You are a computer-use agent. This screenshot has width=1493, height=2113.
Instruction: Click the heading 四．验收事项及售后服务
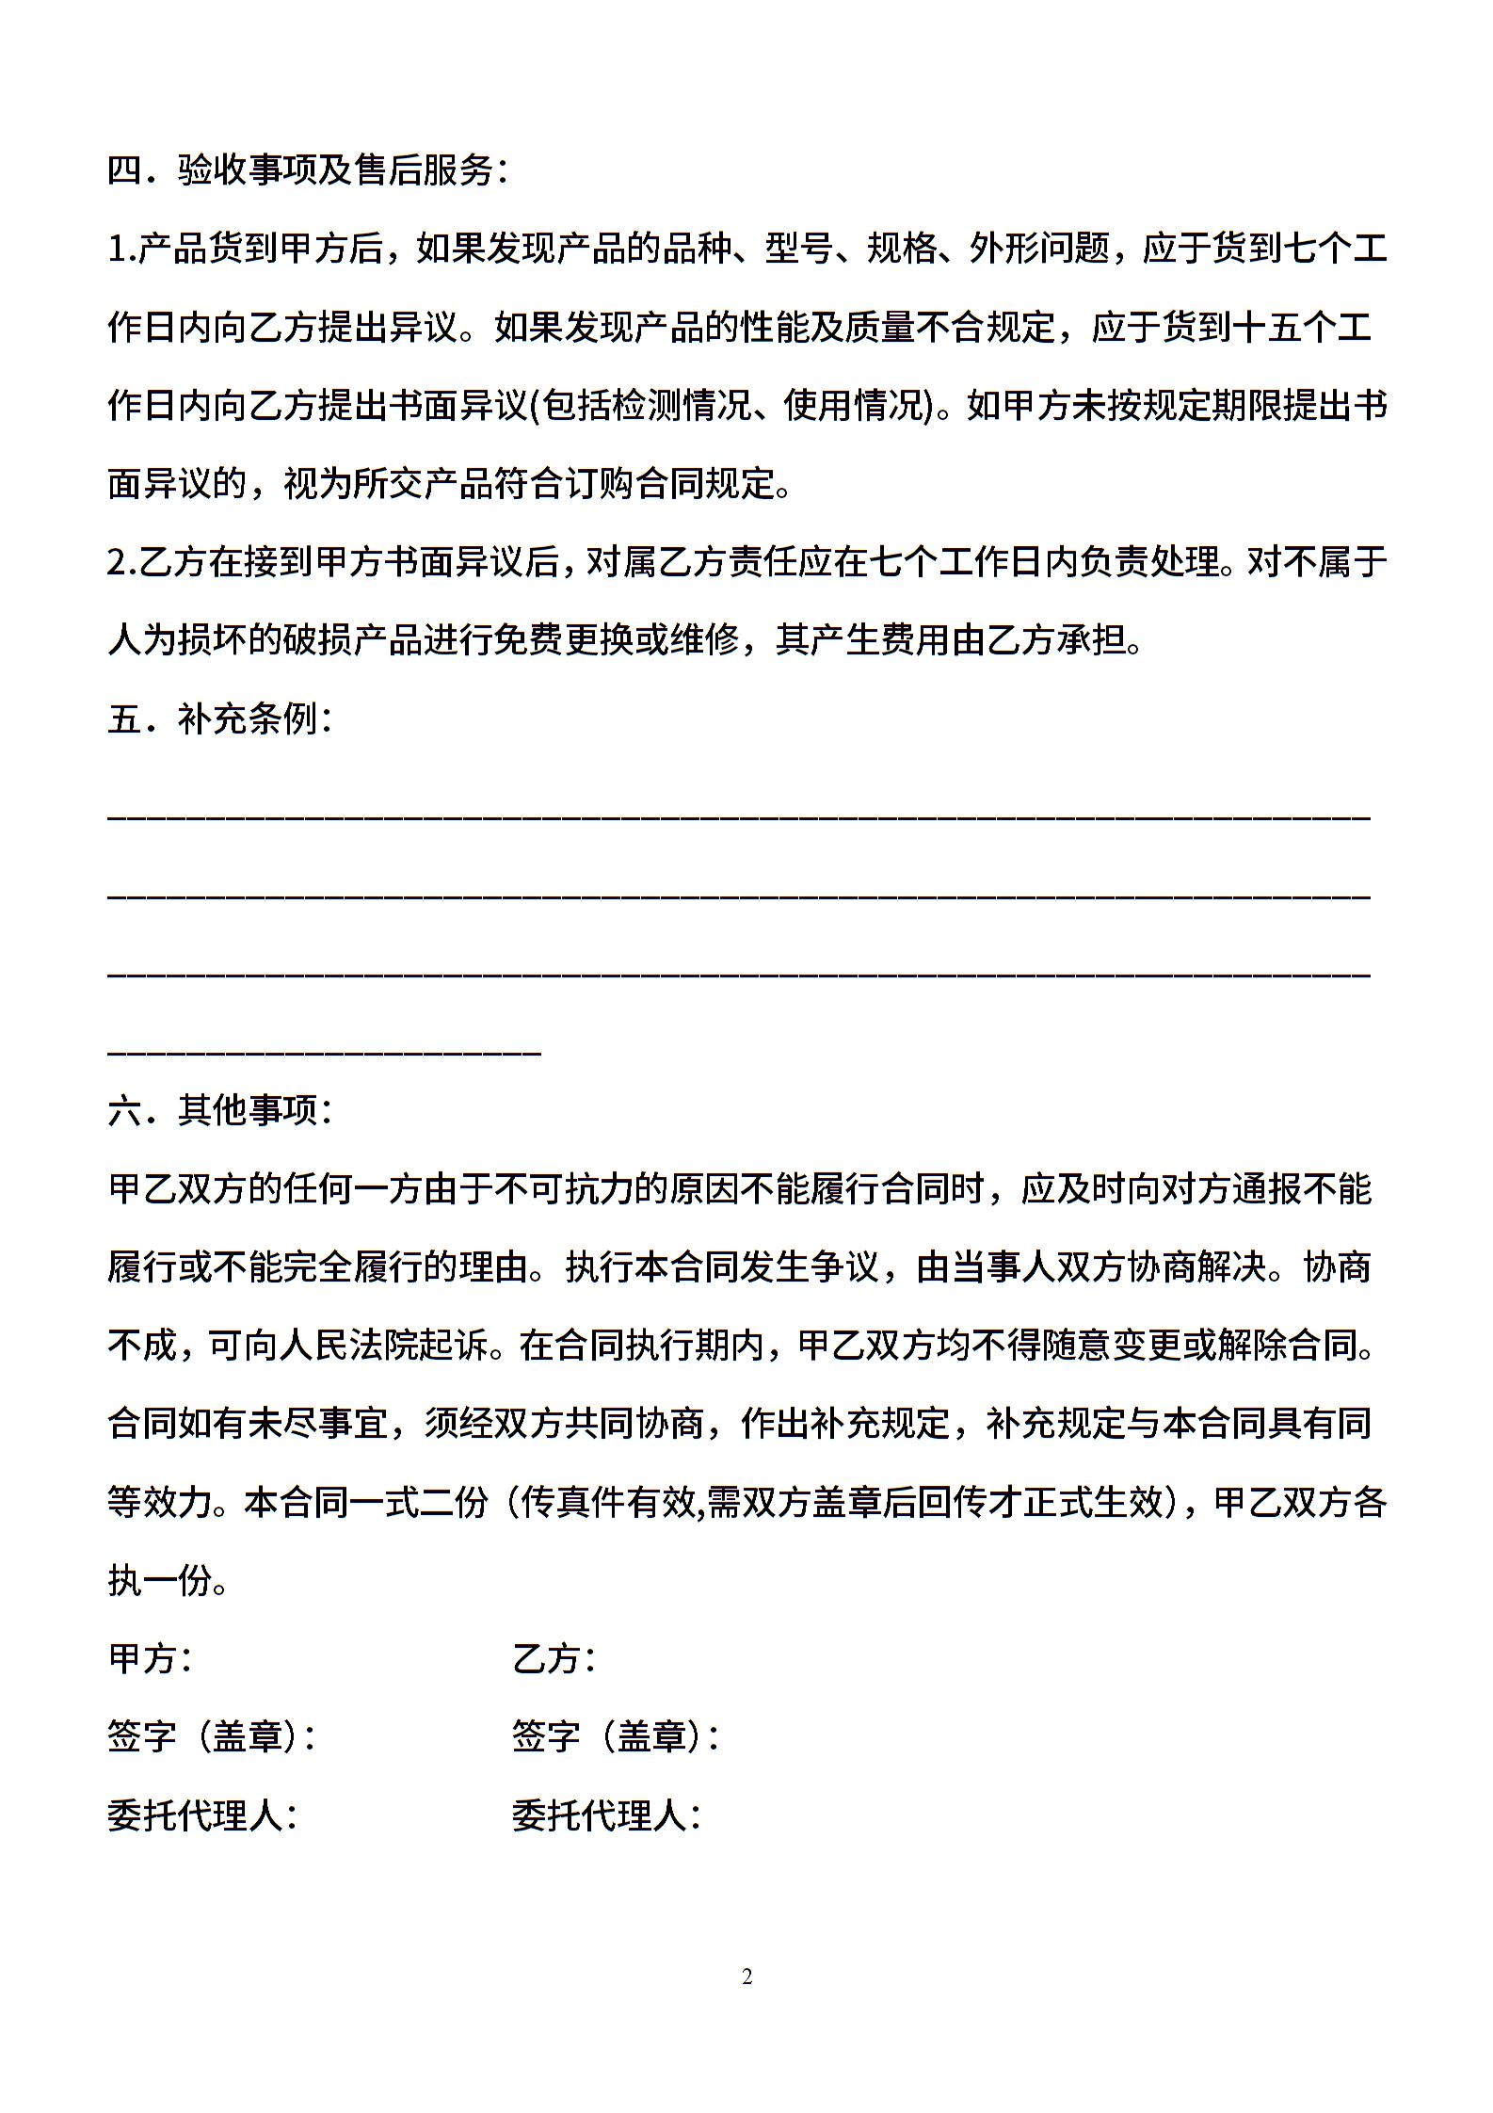(308, 170)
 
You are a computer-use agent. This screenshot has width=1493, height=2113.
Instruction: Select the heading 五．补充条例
(220, 719)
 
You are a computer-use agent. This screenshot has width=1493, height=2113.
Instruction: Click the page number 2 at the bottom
(746, 1977)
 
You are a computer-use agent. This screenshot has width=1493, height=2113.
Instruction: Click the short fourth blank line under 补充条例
(324, 1050)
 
